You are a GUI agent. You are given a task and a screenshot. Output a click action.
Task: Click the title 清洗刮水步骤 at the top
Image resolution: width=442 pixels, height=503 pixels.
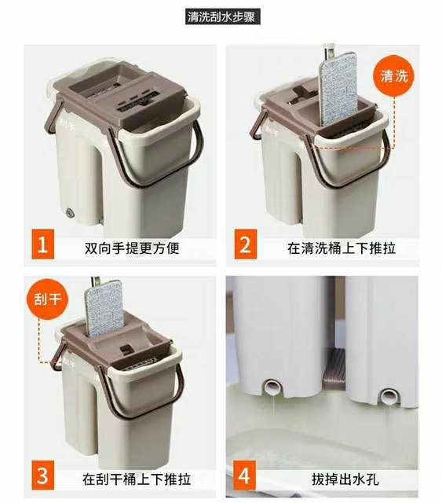[222, 17]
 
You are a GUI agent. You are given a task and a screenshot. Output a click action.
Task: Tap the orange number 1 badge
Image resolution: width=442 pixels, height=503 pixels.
[43, 244]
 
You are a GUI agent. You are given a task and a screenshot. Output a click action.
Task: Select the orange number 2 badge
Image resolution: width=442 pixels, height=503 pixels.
[246, 244]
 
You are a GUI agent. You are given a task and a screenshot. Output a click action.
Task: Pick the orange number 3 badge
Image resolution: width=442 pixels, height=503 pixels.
[43, 475]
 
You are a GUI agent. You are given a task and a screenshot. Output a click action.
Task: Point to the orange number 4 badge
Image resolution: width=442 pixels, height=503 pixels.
[245, 475]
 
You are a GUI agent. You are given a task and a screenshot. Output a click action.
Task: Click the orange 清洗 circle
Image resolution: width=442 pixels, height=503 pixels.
[394, 76]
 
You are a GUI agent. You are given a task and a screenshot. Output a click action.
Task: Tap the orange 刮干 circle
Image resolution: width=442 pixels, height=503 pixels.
[47, 299]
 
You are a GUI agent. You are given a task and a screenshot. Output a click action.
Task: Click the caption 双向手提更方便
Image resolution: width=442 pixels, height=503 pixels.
[132, 248]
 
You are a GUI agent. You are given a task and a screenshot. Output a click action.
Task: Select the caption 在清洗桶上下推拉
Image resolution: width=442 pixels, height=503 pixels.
[342, 248]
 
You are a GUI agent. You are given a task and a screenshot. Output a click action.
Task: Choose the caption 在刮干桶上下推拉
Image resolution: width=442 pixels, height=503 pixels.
[137, 479]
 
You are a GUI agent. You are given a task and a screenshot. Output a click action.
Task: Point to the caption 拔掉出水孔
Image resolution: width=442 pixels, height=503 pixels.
[345, 479]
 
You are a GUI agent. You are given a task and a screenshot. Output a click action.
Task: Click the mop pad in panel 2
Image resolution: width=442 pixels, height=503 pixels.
[338, 89]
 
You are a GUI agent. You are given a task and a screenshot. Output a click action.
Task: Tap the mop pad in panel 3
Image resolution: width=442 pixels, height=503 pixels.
[104, 308]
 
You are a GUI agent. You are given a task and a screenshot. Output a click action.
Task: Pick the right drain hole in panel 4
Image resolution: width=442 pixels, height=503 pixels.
[389, 396]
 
